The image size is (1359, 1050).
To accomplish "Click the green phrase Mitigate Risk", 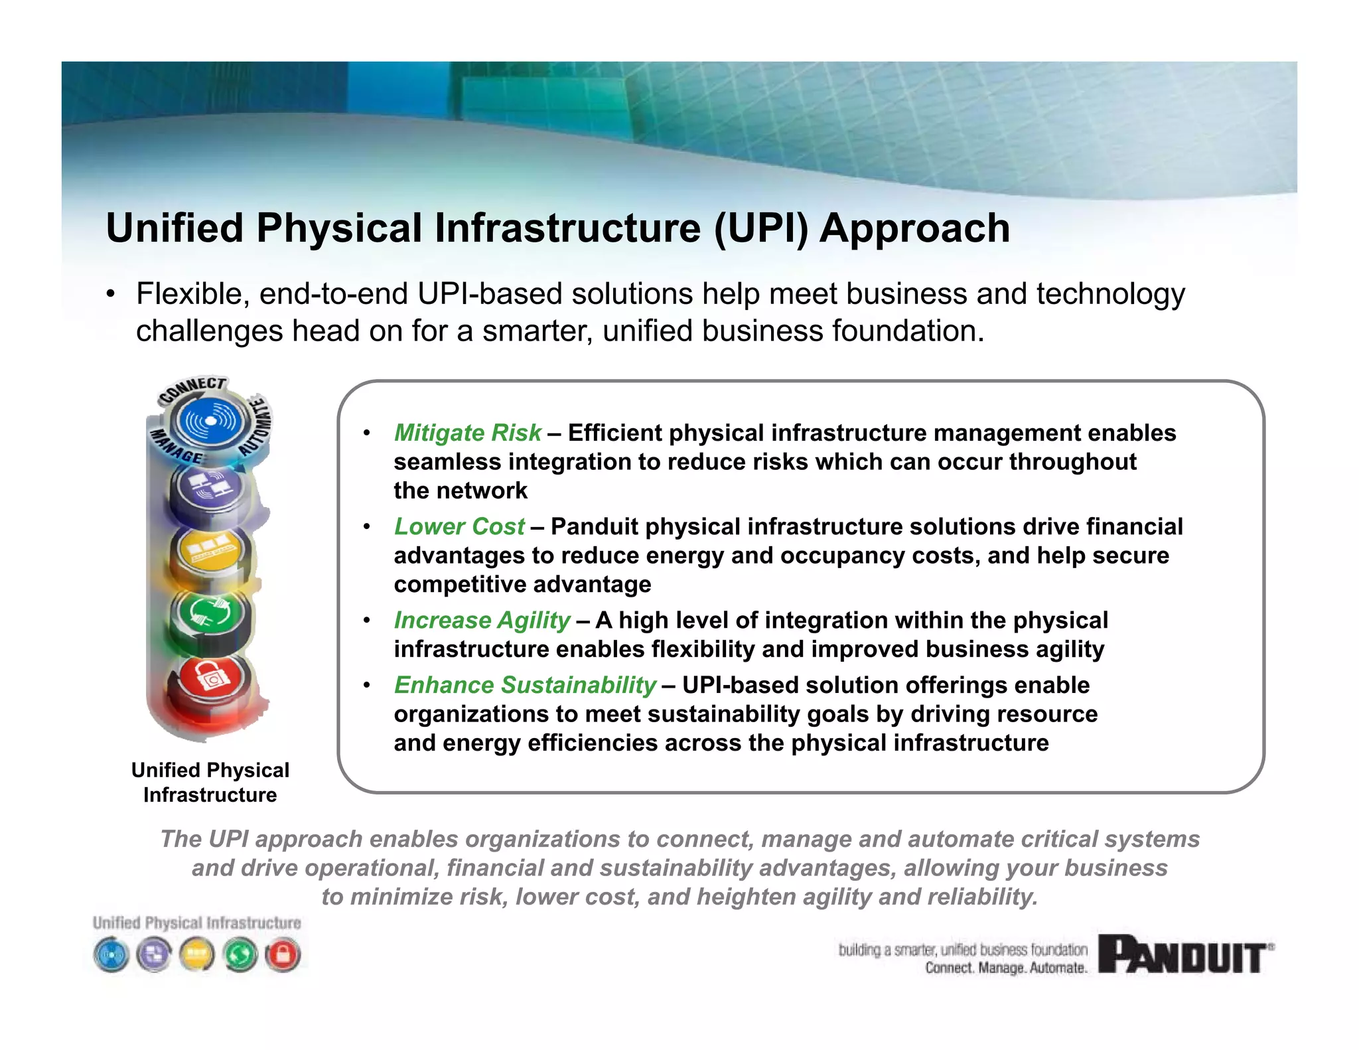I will pos(468,433).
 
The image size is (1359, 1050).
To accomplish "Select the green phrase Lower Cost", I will pos(459,526).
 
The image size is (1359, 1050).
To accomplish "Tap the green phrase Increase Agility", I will pos(482,620).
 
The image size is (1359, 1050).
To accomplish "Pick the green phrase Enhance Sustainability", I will pos(525,685).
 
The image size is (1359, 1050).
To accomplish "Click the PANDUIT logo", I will pos(1185,954).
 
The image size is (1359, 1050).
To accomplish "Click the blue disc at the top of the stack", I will pos(209,421).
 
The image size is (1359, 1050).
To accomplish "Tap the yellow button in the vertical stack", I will pos(210,549).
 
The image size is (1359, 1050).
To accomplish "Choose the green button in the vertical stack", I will pos(210,615).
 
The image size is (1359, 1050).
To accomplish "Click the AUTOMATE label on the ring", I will pos(257,425).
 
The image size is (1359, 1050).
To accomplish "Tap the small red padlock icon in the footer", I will pos(283,955).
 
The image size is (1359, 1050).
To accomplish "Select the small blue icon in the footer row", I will pos(111,955).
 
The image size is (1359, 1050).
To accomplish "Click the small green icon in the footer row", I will pos(240,955).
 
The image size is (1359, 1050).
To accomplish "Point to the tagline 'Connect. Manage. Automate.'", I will pos(1006,968).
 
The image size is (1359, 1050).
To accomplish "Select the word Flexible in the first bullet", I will pos(192,294).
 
